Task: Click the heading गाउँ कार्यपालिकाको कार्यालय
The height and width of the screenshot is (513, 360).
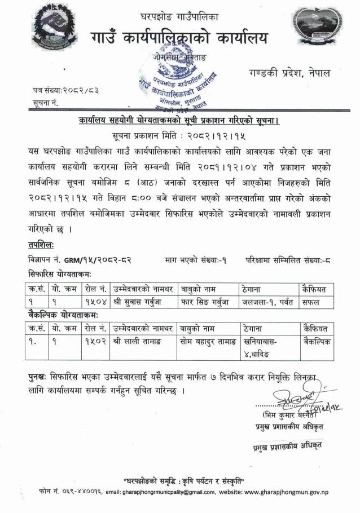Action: click(x=180, y=38)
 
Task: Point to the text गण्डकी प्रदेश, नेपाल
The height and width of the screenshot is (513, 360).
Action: click(x=289, y=74)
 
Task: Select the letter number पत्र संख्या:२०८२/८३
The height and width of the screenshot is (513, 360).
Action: click(x=58, y=91)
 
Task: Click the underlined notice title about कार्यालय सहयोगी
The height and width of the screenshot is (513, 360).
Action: click(x=179, y=121)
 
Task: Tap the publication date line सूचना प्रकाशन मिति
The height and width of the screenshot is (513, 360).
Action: click(x=179, y=135)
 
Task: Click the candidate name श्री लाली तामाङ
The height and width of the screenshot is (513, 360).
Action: click(x=139, y=341)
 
